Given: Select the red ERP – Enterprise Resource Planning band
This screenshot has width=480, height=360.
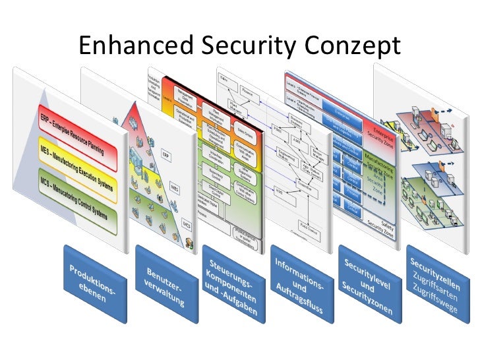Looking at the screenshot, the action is tap(77, 131).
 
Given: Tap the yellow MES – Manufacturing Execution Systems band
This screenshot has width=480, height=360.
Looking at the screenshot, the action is tap(77, 165).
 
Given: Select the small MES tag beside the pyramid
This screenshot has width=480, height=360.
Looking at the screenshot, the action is tap(175, 189).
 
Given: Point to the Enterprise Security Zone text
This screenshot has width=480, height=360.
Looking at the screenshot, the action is tap(382, 133).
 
